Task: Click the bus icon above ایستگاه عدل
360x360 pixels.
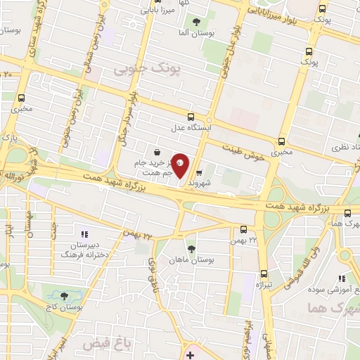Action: click(191, 117)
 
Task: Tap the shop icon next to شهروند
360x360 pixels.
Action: click(199, 174)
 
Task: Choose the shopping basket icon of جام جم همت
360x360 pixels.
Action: click(156, 153)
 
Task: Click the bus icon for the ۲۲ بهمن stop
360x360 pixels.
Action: click(243, 229)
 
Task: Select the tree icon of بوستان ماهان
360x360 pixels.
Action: click(191, 249)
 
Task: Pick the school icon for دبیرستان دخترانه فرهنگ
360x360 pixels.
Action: click(84, 234)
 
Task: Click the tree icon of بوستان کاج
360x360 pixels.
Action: click(65, 297)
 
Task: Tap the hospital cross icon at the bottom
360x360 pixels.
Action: click(190, 356)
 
